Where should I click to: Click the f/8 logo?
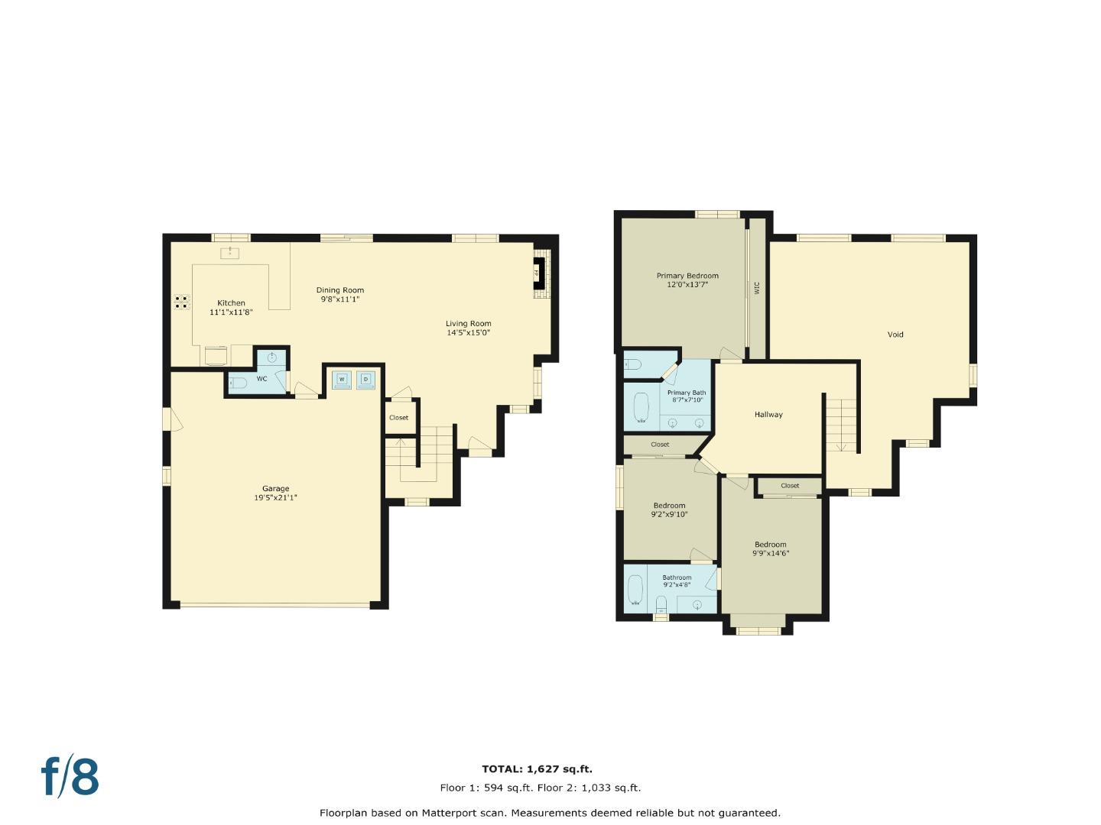[x=70, y=776]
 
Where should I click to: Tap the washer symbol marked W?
[x=342, y=379]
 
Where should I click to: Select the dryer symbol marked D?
[x=366, y=379]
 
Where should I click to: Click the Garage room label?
[x=275, y=489]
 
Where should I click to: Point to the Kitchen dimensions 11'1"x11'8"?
[x=231, y=312]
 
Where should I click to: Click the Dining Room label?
[x=340, y=290]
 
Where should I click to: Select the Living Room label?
[x=469, y=324]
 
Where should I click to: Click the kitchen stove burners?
[x=181, y=302]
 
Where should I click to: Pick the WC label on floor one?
[x=261, y=379]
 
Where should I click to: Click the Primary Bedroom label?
[x=687, y=276]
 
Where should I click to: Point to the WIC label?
[x=757, y=287]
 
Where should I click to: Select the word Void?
[x=895, y=335]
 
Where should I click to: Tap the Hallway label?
[x=768, y=415]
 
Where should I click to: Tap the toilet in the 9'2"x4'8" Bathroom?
[x=661, y=605]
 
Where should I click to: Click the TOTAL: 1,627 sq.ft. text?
[x=537, y=769]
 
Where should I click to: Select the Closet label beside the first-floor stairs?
[x=398, y=418]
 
